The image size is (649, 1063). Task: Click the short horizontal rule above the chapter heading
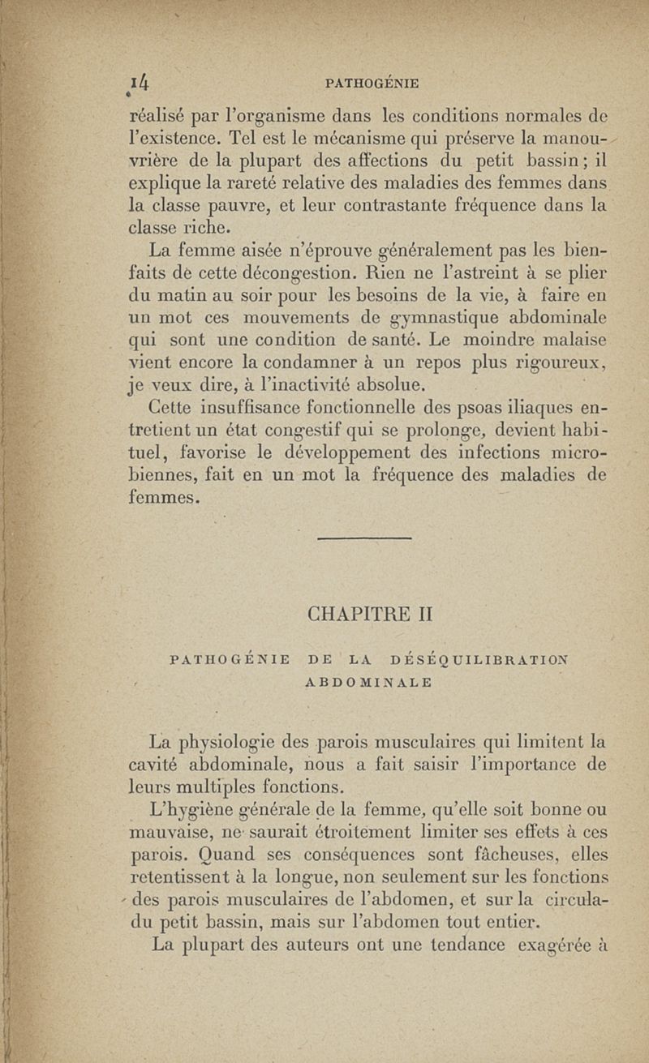[x=364, y=538]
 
